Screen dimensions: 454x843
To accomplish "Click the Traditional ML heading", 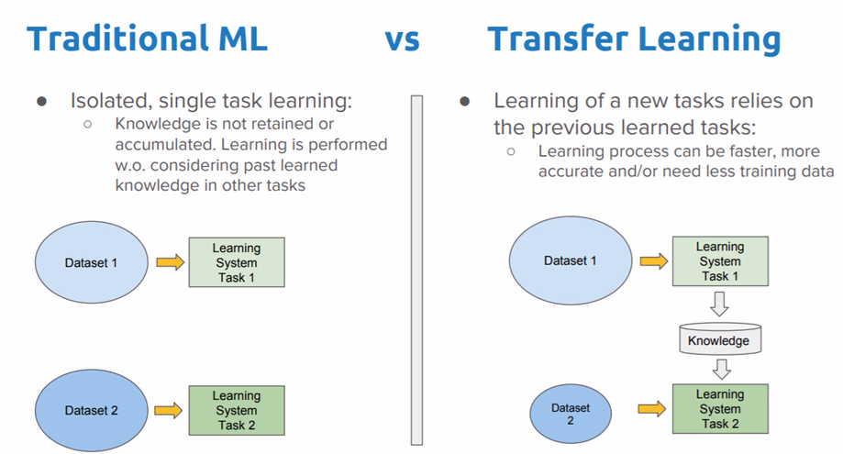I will tap(147, 39).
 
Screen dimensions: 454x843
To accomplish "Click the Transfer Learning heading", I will tap(634, 39).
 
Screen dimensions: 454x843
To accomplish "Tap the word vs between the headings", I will tap(401, 39).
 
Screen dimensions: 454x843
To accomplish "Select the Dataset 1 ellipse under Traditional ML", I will tap(91, 263).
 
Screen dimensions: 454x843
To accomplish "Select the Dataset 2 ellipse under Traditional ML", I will tap(91, 411).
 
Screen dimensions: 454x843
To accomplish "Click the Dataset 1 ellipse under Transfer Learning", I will tap(570, 260).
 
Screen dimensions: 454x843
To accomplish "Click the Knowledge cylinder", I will tap(719, 339).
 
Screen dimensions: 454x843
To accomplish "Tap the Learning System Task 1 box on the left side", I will tap(237, 262).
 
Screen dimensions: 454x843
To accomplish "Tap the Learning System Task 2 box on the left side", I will tap(237, 410).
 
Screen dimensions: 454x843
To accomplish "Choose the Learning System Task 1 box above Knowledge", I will tap(719, 260).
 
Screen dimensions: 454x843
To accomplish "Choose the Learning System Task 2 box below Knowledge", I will tap(719, 409).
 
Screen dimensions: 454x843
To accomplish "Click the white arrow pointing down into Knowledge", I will tap(720, 302).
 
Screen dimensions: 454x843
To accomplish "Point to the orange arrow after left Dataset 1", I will tap(169, 263).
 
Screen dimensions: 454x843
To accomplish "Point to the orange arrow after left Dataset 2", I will tap(169, 411).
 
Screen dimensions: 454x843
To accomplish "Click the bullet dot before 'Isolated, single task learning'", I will tap(41, 101).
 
